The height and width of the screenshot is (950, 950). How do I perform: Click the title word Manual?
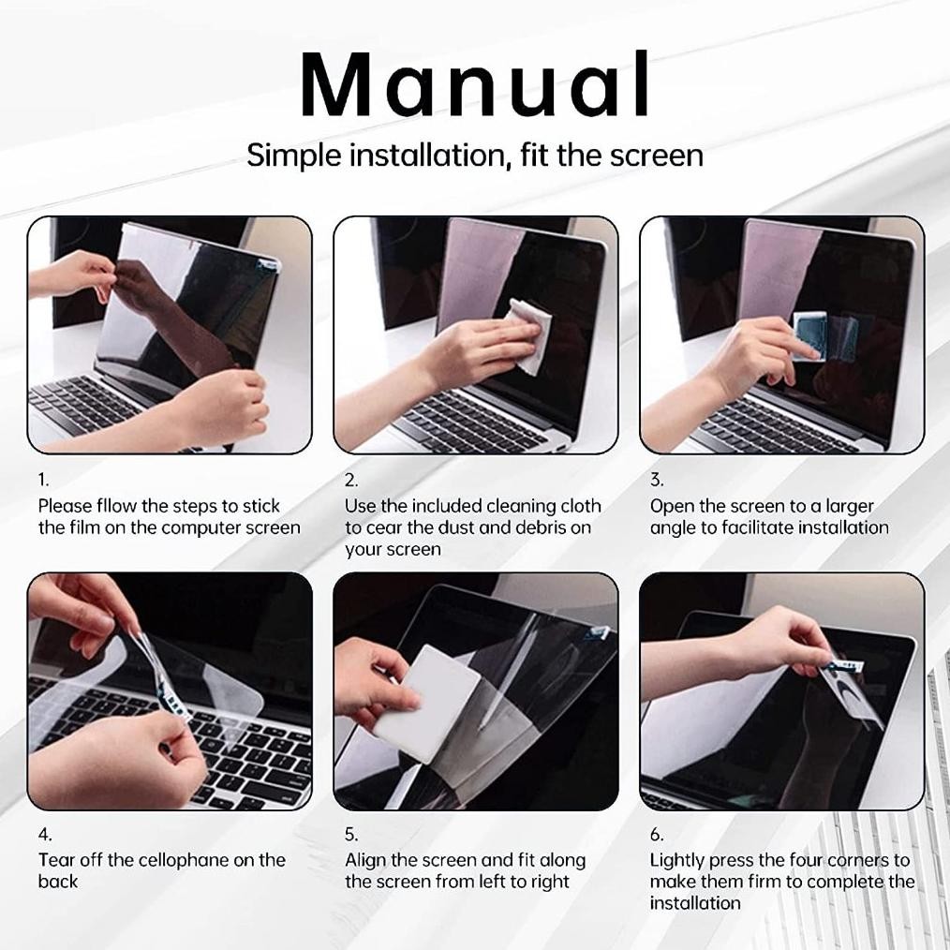pyautogui.click(x=475, y=86)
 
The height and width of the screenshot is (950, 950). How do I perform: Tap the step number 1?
pyautogui.click(x=43, y=480)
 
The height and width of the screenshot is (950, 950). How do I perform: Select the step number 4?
pyautogui.click(x=45, y=834)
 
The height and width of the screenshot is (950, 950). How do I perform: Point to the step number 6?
pyautogui.click(x=657, y=834)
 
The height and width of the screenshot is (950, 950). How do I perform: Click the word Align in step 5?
pyautogui.click(x=367, y=860)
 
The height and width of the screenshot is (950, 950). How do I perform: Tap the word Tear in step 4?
pyautogui.click(x=56, y=860)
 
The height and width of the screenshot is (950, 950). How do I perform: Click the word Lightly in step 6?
pyautogui.click(x=676, y=860)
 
